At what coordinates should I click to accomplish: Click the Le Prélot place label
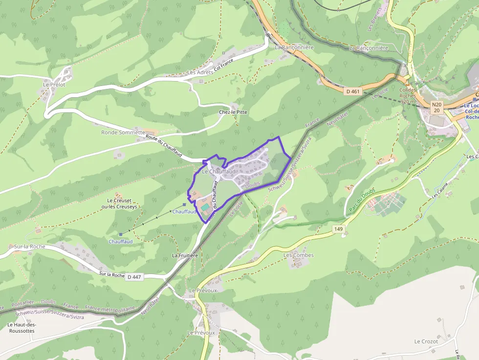click(x=54, y=85)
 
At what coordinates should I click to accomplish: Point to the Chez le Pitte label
click(x=233, y=112)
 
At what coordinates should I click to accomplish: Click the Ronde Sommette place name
click(x=123, y=132)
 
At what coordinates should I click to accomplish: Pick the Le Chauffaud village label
click(x=218, y=172)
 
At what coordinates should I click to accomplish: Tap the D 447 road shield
click(x=133, y=277)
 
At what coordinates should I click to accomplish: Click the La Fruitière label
click(x=185, y=255)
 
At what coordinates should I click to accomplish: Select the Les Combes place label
click(x=299, y=255)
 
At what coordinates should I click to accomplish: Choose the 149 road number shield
click(x=339, y=229)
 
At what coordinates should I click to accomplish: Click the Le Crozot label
click(x=426, y=341)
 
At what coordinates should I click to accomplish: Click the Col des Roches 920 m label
click(x=408, y=96)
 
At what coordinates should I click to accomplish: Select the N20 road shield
click(x=436, y=104)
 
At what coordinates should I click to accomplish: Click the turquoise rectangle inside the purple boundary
click(x=205, y=208)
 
